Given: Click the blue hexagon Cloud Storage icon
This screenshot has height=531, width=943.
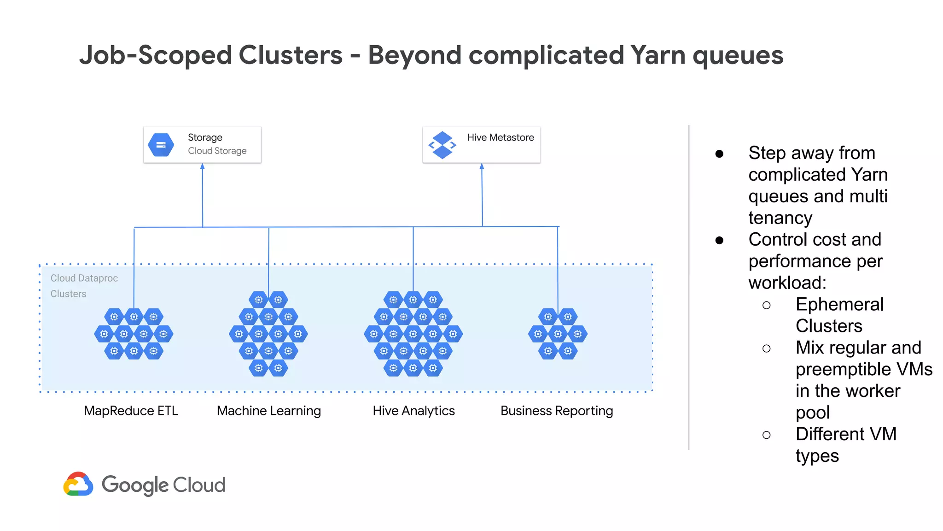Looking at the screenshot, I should pos(161,145).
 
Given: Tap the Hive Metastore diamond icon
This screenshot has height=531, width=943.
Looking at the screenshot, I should pos(442,145).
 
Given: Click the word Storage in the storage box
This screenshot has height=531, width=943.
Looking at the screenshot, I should pos(205,137).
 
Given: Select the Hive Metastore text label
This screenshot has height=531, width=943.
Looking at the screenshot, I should pos(501,137).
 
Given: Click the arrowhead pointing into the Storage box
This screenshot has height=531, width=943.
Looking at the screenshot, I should pos(202,166).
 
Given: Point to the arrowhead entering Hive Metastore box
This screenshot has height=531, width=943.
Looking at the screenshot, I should pos(482,166).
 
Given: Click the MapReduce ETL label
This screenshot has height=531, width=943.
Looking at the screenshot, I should pos(131,411).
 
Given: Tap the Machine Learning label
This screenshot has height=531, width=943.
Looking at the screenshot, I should pos(269,411).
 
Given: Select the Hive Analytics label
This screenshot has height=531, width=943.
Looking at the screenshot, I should pos(413,411).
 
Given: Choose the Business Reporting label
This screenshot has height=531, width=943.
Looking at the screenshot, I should pos(557,411).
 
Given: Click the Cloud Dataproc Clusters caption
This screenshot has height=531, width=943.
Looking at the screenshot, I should pos(84,286).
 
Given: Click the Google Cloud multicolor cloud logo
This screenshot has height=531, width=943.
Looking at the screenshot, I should pos(78,484).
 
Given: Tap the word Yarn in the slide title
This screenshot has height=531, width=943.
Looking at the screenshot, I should pos(658,55).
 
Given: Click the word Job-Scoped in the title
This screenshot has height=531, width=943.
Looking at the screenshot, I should pos(156,55).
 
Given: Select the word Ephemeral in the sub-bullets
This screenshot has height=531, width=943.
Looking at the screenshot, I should pos(839,305).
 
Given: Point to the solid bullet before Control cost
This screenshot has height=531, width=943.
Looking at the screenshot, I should pos(719,240).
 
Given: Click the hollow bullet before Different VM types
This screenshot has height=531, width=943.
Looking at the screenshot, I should pos(766,435).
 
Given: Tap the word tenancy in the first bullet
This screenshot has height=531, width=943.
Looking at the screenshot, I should pos(780,218).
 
